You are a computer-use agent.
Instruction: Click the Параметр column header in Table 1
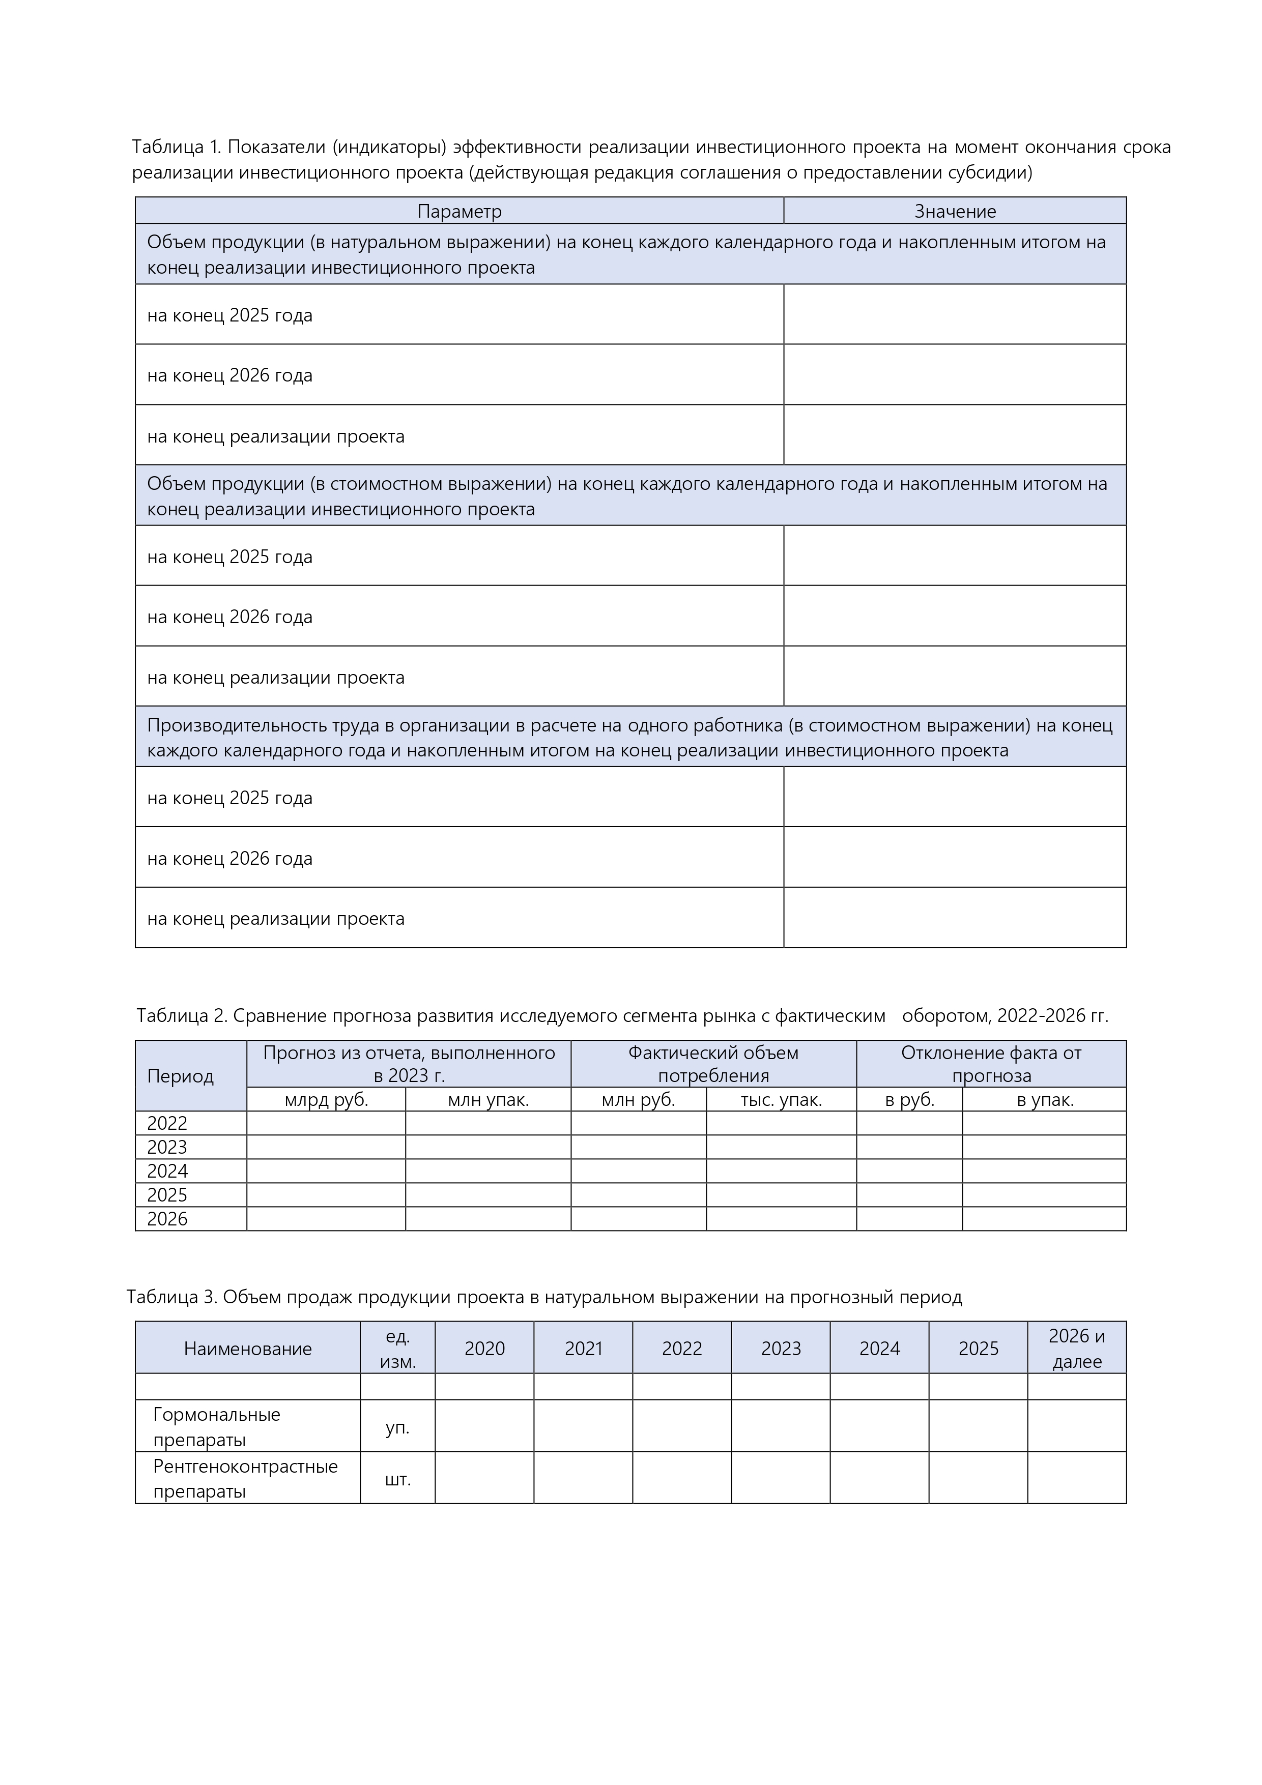459,212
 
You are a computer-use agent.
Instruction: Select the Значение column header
954,212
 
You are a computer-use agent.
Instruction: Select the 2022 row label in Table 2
167,1123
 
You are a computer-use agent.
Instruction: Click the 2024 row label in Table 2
167,1171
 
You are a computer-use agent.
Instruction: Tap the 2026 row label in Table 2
167,1219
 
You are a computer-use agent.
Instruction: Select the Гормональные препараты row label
216,1426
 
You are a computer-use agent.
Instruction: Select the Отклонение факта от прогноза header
991,1064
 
